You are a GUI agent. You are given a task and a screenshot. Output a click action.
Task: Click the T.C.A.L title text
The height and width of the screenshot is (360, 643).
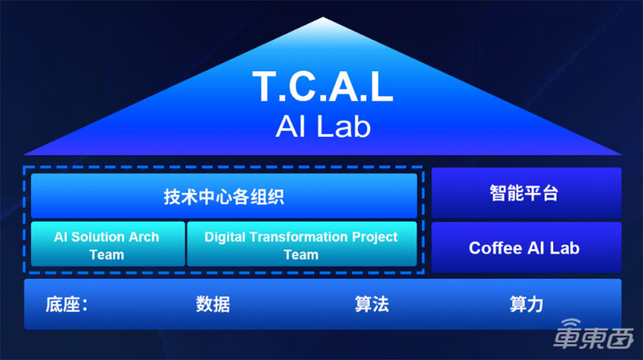(x=322, y=88)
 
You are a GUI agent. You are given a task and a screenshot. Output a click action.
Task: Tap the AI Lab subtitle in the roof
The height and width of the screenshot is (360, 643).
(x=322, y=126)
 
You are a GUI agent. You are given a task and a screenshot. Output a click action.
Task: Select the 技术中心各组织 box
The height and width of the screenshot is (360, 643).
(x=224, y=196)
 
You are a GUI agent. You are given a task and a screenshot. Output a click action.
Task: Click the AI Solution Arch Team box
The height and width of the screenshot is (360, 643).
(x=107, y=245)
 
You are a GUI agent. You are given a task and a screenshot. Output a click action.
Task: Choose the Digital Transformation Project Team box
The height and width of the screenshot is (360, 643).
(x=301, y=245)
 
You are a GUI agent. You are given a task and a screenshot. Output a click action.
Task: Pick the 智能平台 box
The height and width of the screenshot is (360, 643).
(x=525, y=193)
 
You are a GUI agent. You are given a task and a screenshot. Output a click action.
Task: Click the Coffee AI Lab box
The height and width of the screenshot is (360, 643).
(x=525, y=247)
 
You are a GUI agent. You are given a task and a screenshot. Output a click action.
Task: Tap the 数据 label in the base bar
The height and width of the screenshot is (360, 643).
(x=213, y=305)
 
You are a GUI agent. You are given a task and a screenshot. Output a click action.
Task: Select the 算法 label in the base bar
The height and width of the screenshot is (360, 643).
(x=371, y=305)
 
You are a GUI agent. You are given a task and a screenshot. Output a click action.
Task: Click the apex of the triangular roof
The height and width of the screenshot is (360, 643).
(x=322, y=18)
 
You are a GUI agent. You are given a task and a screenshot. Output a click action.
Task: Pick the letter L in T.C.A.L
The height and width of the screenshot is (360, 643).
(x=381, y=88)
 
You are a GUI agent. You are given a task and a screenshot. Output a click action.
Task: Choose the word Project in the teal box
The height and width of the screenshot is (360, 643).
(x=374, y=237)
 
